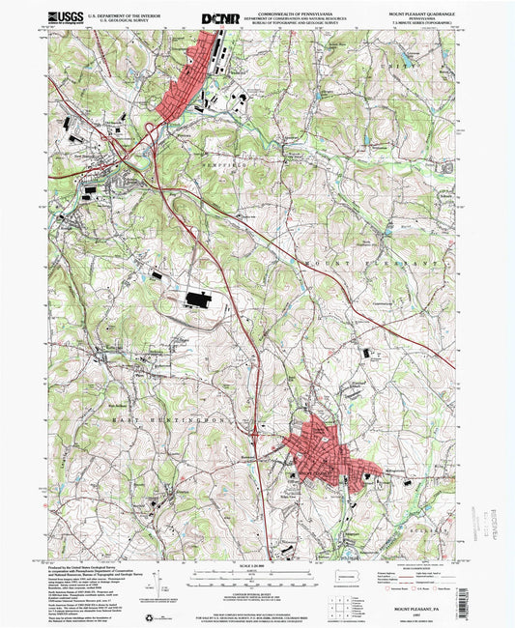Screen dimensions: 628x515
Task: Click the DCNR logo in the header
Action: tap(219, 17)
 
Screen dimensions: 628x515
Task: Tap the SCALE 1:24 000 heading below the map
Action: tap(256, 566)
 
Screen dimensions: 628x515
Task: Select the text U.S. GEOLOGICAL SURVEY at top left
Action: tap(117, 21)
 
